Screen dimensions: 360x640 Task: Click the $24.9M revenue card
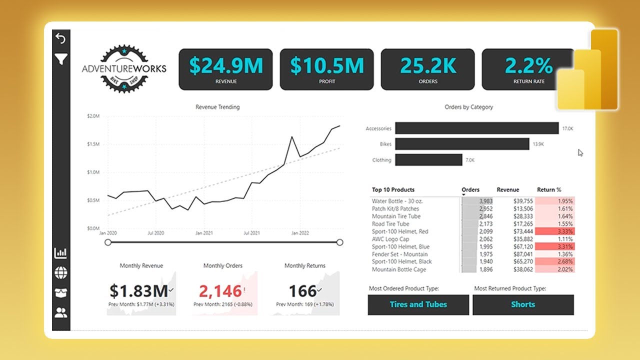pyautogui.click(x=225, y=69)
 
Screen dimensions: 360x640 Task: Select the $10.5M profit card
pyautogui.click(x=326, y=69)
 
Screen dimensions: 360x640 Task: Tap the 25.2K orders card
pyautogui.click(x=427, y=69)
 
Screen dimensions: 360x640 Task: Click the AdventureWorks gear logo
pyautogui.click(x=124, y=69)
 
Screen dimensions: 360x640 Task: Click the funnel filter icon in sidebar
pyautogui.click(x=60, y=60)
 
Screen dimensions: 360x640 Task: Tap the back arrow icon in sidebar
pyautogui.click(x=60, y=38)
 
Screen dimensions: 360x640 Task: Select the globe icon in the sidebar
pyautogui.click(x=60, y=273)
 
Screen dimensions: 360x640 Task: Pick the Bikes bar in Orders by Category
pyautogui.click(x=462, y=144)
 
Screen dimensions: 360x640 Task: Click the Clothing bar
pyautogui.click(x=428, y=160)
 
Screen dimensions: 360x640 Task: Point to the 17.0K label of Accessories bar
pyautogui.click(x=567, y=129)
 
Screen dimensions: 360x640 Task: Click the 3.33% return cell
pyautogui.click(x=555, y=231)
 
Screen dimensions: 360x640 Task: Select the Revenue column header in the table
pyautogui.click(x=507, y=190)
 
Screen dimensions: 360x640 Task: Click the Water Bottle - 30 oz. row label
pyautogui.click(x=397, y=201)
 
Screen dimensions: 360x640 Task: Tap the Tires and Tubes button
pyautogui.click(x=418, y=304)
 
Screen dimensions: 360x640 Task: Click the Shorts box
pyautogui.click(x=523, y=304)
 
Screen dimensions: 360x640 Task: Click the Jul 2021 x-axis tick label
pyautogui.click(x=251, y=233)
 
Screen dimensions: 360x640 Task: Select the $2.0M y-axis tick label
pyautogui.click(x=93, y=116)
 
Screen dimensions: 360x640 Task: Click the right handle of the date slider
pyautogui.click(x=340, y=242)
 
